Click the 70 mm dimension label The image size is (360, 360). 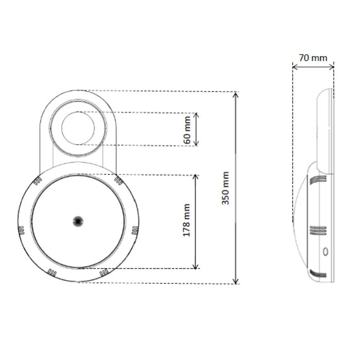point(313,58)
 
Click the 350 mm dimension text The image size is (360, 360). point(225,188)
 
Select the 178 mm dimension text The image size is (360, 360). point(186,220)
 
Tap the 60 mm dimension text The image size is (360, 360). point(187,129)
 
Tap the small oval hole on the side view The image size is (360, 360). point(324,252)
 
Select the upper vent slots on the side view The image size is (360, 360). point(318,179)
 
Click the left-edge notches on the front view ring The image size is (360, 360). point(21,230)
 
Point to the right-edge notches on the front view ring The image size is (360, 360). point(135,230)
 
